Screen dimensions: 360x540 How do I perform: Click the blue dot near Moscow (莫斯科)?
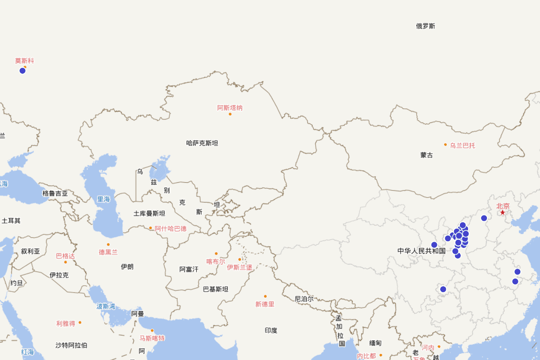pos(22,71)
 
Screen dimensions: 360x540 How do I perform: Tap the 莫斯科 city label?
pos(24,61)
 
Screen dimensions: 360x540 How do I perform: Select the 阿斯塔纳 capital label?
pos(230,108)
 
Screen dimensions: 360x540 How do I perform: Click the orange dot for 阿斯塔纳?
pos(230,114)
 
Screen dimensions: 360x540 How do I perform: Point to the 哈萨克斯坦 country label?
pos(202,143)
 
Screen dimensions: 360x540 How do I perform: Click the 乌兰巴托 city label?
pos(462,145)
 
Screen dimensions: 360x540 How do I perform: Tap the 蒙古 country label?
pos(427,155)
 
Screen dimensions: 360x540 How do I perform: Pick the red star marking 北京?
pos(503,212)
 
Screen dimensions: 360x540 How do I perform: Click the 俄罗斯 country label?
pos(425,26)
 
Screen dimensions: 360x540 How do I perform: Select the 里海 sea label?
pos(103,199)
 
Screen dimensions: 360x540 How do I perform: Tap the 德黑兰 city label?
pos(108,252)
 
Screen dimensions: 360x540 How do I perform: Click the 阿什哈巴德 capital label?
pos(171,229)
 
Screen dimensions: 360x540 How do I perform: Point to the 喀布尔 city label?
pos(216,261)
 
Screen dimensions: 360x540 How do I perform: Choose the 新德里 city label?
pos(265,304)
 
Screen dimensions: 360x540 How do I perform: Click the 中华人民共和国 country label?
pos(421,251)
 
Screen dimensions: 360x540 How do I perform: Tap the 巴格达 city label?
pos(65,256)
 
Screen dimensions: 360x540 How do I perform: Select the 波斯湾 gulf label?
pos(106,306)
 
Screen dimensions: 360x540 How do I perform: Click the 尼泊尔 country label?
pos(304,299)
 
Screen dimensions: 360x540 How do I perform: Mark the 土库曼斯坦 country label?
pos(149,213)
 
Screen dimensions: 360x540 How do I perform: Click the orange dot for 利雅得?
pos(80,323)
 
